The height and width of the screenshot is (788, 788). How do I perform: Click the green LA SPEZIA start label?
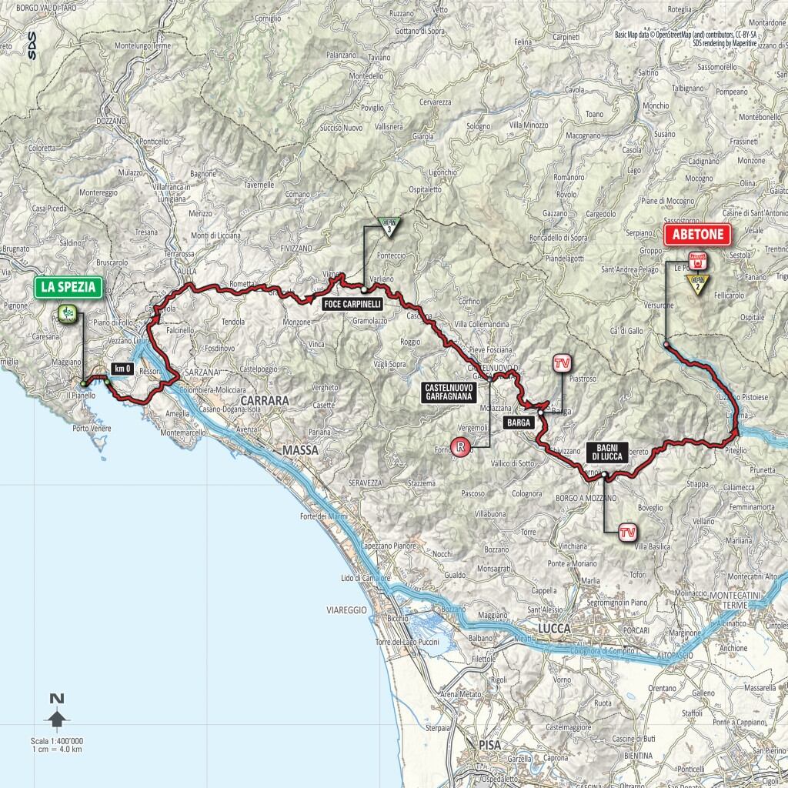click(68, 288)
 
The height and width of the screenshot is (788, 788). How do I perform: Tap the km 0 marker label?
click(121, 369)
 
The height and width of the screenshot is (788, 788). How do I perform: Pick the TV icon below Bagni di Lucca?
click(628, 531)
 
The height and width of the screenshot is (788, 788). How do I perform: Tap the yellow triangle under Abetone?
click(698, 287)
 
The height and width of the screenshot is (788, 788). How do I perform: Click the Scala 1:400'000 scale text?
click(57, 740)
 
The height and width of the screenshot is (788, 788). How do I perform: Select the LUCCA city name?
click(555, 629)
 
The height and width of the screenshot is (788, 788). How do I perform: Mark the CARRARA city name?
click(264, 401)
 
